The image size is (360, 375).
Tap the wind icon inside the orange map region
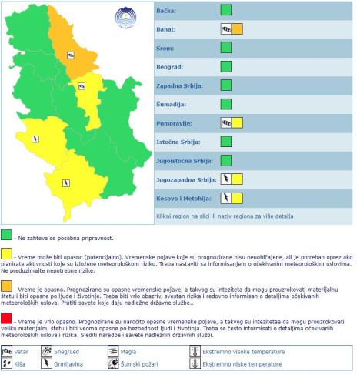[x=70, y=55]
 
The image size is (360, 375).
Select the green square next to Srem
[x=226, y=48]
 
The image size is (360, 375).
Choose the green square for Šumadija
[x=226, y=103]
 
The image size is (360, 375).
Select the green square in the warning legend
[x=6, y=234]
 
